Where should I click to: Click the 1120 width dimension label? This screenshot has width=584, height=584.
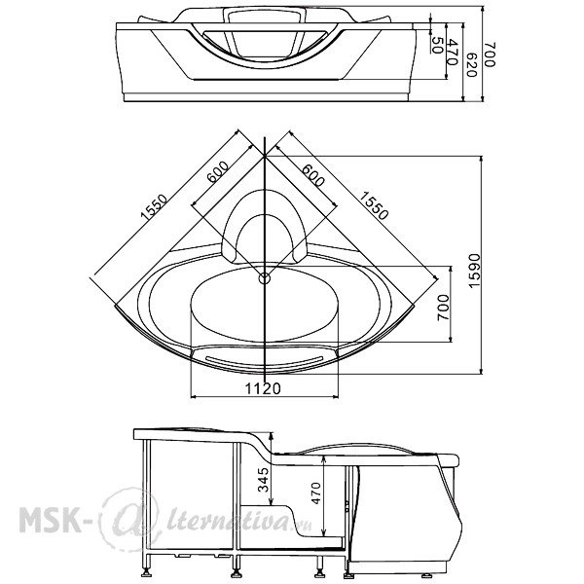263,388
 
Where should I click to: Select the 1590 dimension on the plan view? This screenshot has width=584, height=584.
474,271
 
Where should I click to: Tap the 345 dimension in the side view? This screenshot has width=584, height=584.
264,480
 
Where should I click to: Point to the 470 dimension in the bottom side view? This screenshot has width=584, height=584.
315,493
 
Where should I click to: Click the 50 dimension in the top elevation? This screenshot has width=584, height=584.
437,45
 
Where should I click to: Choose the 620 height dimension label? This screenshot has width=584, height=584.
471,65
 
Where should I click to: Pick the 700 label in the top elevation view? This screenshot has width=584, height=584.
491,55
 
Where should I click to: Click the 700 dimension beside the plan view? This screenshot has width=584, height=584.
443,308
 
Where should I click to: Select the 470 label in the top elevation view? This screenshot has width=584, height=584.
453,52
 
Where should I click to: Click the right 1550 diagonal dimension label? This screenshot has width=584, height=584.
374,205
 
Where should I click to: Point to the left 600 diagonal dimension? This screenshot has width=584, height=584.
217,171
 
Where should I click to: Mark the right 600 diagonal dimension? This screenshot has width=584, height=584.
313,175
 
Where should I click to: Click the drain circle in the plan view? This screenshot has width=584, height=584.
265,277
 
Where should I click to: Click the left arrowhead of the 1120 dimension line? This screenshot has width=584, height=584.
193,397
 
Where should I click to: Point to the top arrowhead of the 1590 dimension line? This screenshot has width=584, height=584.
481,159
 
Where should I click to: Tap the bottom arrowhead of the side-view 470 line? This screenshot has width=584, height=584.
324,531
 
